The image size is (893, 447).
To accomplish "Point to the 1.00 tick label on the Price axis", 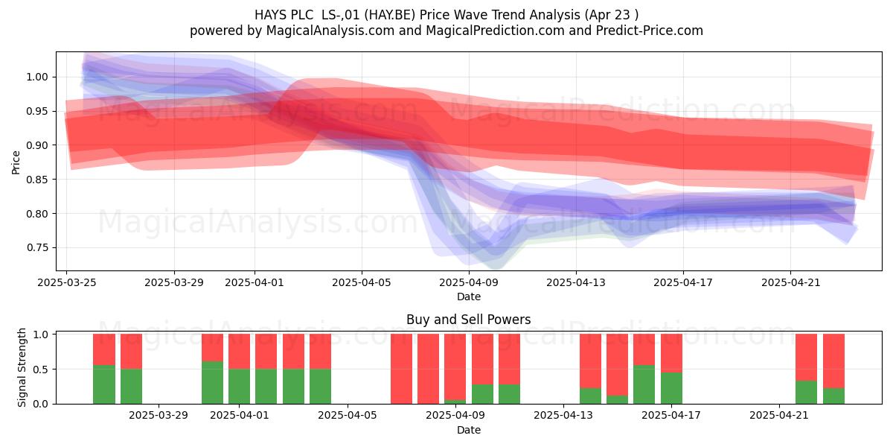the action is [37, 77].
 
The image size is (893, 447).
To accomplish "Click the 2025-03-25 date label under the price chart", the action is [67, 282].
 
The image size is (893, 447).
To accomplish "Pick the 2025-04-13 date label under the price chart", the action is [576, 282].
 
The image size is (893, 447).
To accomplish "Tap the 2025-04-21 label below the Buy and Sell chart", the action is [779, 416].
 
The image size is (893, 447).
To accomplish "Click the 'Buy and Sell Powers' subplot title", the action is [468, 320].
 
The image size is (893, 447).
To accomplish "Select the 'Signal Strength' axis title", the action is [22, 367].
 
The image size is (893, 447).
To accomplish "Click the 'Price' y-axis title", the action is [16, 162].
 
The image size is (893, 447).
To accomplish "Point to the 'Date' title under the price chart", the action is [468, 297].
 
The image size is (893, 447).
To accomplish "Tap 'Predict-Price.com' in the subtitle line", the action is [650, 31].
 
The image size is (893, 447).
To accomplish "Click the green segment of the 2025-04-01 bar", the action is [239, 387].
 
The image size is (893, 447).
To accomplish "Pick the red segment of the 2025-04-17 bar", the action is [671, 353].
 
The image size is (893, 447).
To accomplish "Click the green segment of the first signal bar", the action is [104, 384].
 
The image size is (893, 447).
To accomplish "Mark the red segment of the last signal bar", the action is [833, 361].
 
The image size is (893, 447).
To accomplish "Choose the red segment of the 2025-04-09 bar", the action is [455, 367].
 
